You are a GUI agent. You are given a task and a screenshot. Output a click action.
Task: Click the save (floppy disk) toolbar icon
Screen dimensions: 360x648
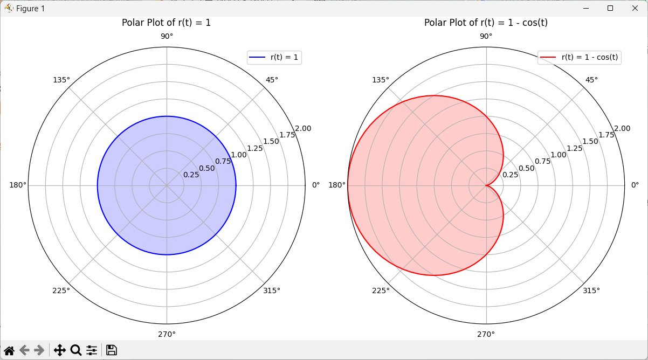(x=112, y=350)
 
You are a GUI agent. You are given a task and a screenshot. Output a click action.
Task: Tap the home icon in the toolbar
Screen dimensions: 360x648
(x=9, y=350)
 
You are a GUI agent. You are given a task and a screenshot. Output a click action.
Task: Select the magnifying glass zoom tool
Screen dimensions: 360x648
(x=76, y=350)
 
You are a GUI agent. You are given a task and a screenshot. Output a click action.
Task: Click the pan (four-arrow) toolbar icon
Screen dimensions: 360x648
(x=60, y=350)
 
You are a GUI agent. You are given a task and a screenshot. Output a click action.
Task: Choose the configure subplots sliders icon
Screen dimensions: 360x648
(x=92, y=350)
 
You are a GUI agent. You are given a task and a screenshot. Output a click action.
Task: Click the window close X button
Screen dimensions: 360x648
(x=635, y=8)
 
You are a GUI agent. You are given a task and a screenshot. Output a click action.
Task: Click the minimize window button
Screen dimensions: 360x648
(x=585, y=8)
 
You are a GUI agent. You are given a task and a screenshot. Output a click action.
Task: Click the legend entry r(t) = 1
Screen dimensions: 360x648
(x=274, y=57)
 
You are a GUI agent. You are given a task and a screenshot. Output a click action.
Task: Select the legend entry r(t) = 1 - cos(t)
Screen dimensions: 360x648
(x=580, y=57)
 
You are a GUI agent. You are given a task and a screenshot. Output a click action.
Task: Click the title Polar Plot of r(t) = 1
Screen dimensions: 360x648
(x=166, y=23)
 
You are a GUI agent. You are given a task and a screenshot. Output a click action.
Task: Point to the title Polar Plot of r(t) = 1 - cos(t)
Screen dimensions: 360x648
(x=486, y=23)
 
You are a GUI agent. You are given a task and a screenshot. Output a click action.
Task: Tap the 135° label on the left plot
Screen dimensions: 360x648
(x=61, y=80)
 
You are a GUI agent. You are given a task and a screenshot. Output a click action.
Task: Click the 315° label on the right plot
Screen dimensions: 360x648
(x=591, y=290)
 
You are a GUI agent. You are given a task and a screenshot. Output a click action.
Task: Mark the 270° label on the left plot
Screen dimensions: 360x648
(x=167, y=334)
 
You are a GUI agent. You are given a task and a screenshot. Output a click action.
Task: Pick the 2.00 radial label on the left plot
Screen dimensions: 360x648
(x=303, y=128)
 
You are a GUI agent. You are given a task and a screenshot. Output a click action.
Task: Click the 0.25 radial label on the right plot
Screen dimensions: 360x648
(x=510, y=175)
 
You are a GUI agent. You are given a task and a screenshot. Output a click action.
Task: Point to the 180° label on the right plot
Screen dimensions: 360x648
(x=337, y=185)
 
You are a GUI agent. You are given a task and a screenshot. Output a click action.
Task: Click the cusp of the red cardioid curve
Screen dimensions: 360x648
(x=486, y=185)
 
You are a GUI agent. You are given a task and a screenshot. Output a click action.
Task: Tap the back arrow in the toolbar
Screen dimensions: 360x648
(x=24, y=350)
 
